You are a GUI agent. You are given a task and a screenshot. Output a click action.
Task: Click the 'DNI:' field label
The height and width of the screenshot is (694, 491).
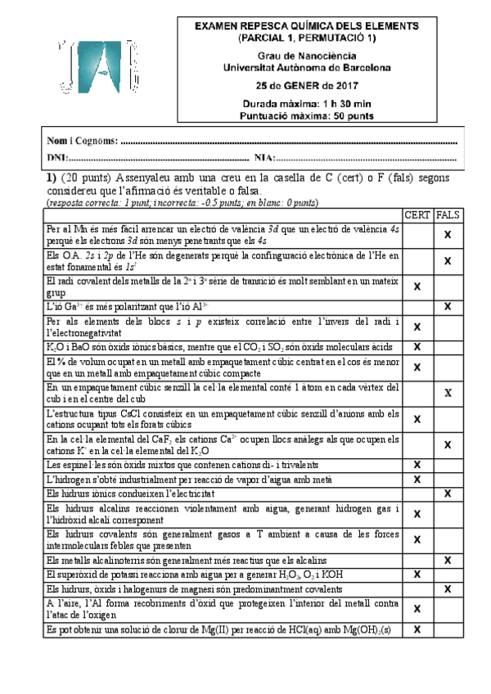click(x=57, y=157)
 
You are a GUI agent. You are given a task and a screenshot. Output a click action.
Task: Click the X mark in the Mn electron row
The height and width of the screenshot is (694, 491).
click(x=448, y=235)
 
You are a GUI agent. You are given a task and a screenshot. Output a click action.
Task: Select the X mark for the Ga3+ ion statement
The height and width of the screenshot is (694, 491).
click(x=448, y=306)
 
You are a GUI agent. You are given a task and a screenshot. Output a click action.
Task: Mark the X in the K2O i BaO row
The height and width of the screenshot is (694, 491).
click(x=417, y=347)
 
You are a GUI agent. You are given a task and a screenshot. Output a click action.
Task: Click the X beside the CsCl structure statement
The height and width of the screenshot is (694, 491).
click(x=417, y=419)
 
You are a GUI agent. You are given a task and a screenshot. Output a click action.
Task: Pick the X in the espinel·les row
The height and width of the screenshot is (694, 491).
click(x=417, y=465)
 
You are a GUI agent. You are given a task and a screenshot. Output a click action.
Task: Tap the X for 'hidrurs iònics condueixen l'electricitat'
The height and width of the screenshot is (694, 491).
click(x=448, y=493)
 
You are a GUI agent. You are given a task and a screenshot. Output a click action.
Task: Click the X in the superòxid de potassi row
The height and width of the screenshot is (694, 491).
click(x=417, y=575)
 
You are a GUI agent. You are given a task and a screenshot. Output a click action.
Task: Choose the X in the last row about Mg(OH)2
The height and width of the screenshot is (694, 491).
click(x=417, y=629)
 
